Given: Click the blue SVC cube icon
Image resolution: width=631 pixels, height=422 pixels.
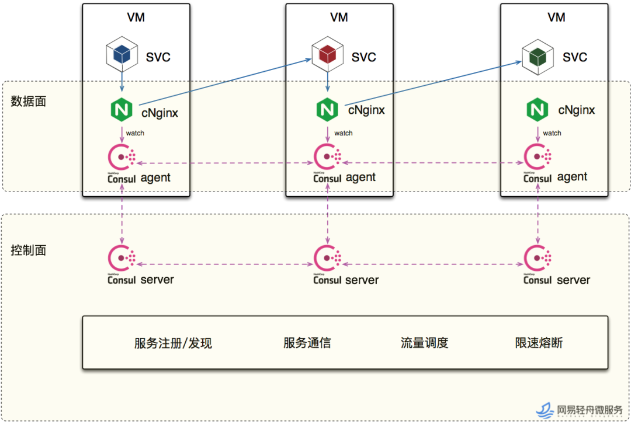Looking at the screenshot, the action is (122, 54).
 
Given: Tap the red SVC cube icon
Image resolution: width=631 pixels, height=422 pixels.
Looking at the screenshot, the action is (328, 54).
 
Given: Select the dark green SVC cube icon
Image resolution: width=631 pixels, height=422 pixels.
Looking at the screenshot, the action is (538, 57).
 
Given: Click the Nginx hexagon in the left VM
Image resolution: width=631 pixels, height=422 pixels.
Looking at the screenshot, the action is (122, 110).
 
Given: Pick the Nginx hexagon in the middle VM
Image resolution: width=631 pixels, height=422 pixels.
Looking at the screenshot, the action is (327, 110).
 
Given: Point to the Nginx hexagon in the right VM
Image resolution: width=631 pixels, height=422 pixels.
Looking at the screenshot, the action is (538, 110).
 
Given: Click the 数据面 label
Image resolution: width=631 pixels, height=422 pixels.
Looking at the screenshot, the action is (28, 102).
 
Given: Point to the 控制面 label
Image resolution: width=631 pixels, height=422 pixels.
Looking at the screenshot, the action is (28, 250).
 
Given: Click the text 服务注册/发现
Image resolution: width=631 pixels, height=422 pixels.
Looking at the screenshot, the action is (173, 343).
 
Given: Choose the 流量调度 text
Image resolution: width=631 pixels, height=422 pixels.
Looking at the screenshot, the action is (425, 343).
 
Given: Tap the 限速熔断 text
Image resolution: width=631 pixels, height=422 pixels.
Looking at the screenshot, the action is (539, 343).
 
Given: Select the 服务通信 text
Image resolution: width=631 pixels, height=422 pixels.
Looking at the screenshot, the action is (307, 343).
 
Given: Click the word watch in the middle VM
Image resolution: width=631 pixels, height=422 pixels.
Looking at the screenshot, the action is (344, 133).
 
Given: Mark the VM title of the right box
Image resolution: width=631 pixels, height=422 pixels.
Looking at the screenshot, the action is (557, 18).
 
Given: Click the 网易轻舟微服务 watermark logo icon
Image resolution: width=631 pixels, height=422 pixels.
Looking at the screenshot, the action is (545, 410).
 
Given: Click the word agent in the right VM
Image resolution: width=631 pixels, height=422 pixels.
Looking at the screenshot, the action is (572, 177).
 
